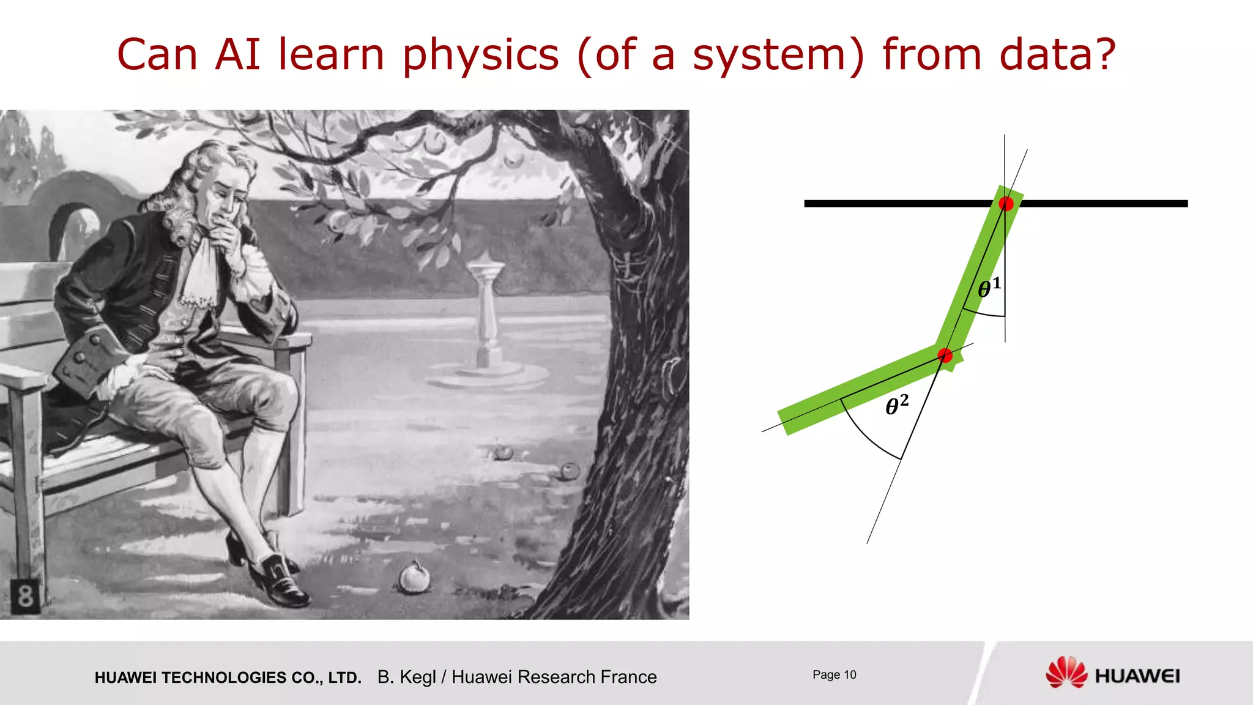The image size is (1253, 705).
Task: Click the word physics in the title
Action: (x=480, y=55)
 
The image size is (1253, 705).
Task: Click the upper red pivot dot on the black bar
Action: (x=1006, y=204)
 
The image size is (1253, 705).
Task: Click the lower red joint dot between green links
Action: (x=945, y=356)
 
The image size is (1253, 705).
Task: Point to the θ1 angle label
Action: (x=989, y=287)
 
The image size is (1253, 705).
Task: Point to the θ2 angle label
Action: (x=897, y=405)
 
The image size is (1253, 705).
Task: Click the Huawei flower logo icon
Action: (x=1066, y=673)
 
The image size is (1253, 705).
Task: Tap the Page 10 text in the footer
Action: (x=834, y=674)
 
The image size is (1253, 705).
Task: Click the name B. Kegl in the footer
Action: (x=406, y=677)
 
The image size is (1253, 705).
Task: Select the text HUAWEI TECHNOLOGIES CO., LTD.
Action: (x=228, y=677)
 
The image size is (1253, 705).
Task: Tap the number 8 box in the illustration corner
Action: (x=25, y=595)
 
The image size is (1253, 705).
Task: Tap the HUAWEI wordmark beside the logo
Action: (x=1137, y=676)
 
